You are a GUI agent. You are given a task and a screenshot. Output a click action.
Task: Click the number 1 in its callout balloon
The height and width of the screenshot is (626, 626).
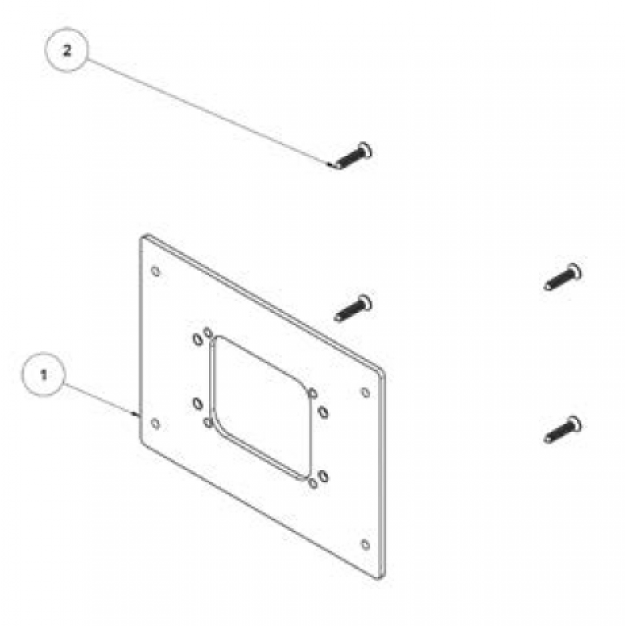[x=44, y=374]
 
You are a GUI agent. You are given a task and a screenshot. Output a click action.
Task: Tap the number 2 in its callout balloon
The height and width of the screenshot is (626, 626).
[x=67, y=50]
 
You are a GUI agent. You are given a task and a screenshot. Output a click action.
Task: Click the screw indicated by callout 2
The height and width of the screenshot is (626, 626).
[x=354, y=156]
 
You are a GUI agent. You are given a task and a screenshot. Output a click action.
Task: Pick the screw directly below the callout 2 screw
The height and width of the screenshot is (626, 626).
[x=353, y=307]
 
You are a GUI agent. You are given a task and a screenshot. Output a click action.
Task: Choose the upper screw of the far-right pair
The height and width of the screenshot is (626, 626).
[x=563, y=276]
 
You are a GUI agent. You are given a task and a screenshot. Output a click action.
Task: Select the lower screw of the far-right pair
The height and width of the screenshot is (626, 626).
[x=563, y=429]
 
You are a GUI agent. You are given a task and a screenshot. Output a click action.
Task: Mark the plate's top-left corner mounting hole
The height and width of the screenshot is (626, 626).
[x=156, y=272]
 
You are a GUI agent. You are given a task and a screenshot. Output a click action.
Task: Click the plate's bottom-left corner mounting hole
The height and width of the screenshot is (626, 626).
[x=156, y=424]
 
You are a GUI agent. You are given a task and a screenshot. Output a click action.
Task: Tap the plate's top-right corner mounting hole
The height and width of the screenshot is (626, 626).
[x=366, y=393]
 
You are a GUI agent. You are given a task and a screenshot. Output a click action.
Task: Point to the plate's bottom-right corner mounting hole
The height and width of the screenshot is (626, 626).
[x=366, y=544]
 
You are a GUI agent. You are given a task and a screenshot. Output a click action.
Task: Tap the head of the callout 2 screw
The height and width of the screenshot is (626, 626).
[x=365, y=150]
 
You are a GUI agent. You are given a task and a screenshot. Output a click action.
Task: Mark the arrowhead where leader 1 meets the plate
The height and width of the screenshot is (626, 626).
[x=136, y=414]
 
